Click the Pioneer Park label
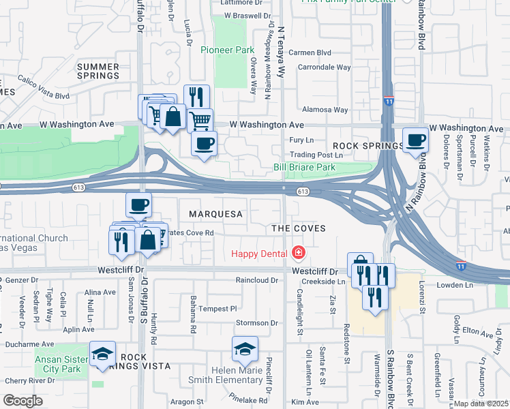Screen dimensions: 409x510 (227, 50)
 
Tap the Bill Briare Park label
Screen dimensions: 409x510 (304, 167)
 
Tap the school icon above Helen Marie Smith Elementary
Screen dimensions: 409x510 (245, 350)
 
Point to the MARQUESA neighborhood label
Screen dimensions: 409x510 (215, 214)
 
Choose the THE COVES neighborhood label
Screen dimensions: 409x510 (298, 228)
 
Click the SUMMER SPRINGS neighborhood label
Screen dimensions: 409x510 (98, 71)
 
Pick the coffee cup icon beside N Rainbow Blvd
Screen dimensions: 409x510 (415, 141)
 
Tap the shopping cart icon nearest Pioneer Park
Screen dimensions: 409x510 (199, 121)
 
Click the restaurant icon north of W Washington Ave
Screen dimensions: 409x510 (196, 97)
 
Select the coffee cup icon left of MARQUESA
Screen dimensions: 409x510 (138, 204)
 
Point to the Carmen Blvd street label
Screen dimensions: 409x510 (310, 52)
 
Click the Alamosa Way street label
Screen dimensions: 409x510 (325, 110)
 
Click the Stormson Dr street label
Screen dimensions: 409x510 (257, 322)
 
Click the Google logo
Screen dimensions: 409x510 (22, 401)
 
